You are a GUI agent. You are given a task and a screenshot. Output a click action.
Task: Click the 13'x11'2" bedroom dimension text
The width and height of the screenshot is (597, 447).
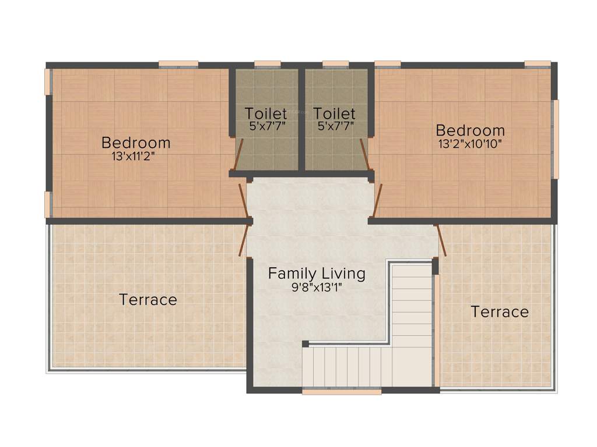click(x=136, y=156)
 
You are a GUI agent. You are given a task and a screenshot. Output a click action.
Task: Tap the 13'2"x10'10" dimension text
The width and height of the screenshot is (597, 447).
click(x=470, y=144)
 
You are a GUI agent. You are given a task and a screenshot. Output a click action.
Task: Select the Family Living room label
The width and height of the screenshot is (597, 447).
click(x=317, y=273)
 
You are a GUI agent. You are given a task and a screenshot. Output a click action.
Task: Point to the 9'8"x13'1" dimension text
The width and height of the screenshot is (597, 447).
click(x=317, y=286)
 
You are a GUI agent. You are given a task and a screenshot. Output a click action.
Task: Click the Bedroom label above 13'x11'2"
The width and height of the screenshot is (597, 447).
click(x=136, y=142)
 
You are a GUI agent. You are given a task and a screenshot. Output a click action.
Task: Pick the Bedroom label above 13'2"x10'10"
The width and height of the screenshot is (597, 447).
click(x=470, y=130)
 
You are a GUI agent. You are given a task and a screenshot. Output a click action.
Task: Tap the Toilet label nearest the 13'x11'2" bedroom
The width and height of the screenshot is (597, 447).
click(x=266, y=113)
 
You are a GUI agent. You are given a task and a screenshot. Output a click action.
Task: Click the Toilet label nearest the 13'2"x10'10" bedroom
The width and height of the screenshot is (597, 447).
click(x=334, y=113)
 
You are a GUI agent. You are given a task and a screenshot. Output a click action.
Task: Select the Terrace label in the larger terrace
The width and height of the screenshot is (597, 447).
click(x=148, y=300)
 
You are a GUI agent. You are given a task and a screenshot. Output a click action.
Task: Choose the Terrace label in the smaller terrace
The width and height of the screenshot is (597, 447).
click(x=500, y=311)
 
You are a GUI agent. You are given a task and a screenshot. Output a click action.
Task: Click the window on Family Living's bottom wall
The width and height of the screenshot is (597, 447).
click(x=342, y=392)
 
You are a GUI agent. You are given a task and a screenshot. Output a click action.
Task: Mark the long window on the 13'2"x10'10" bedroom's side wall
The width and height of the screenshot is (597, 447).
click(x=556, y=139)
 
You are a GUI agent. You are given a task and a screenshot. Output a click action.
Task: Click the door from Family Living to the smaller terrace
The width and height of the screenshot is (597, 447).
click(x=441, y=240)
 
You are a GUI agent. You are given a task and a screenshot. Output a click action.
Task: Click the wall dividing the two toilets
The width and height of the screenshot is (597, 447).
click(x=301, y=119)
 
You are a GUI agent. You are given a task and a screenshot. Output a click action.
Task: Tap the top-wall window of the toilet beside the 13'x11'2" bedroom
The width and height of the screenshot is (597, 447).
click(x=268, y=64)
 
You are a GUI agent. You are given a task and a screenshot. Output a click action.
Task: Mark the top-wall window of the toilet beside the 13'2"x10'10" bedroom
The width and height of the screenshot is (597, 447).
click(x=335, y=64)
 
